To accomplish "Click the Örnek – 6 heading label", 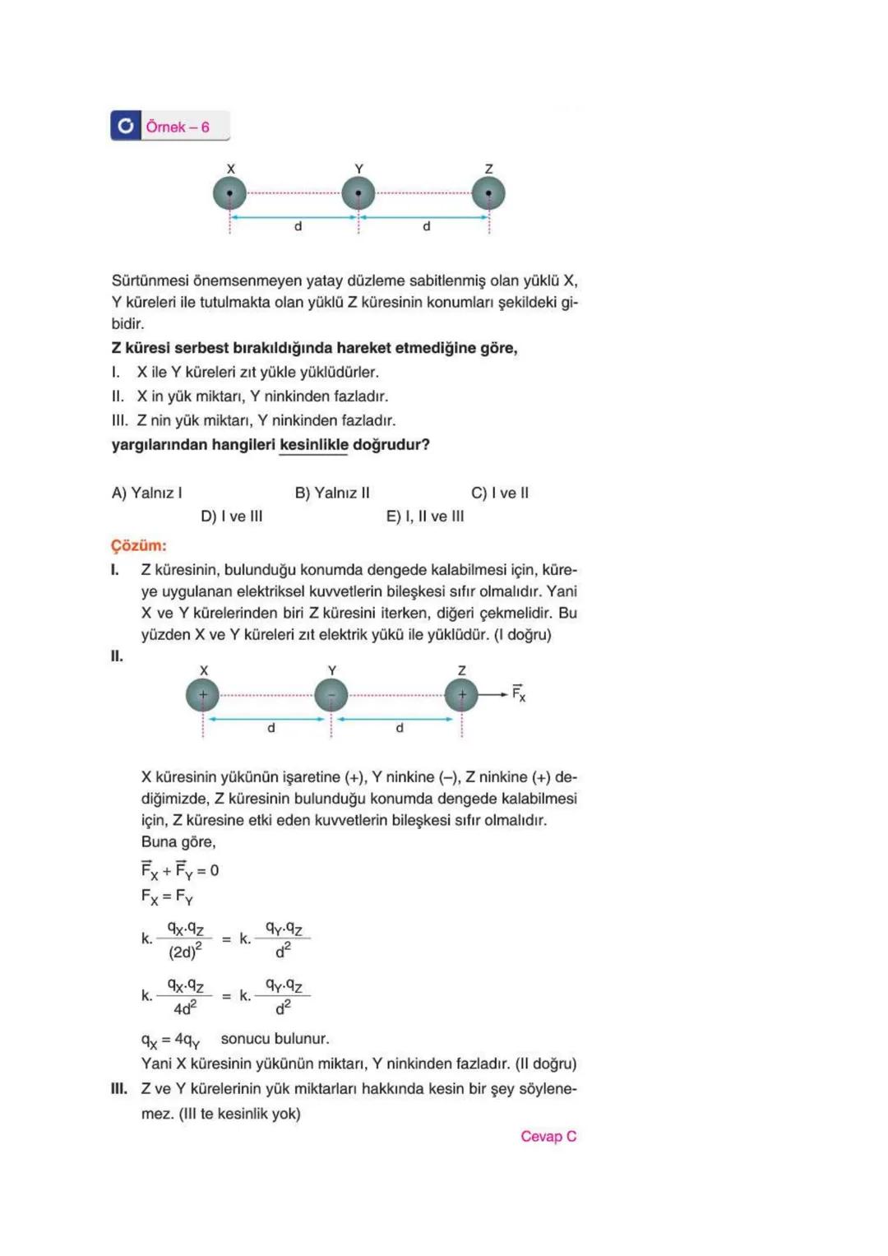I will (x=178, y=127).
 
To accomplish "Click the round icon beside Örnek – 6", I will (x=126, y=126).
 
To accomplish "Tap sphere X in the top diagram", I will (x=229, y=194).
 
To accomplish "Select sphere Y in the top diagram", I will (x=358, y=194).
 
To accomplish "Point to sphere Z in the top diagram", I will (x=488, y=194).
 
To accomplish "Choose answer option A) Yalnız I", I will (x=147, y=493).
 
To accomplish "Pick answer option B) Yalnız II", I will (x=332, y=493).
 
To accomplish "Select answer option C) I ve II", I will (x=500, y=493).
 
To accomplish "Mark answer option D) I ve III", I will (x=232, y=517).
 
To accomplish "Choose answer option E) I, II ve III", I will (x=425, y=517).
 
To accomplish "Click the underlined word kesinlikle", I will (x=313, y=445).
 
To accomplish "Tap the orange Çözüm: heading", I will (x=139, y=545).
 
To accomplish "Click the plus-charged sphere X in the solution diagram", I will (x=202, y=695).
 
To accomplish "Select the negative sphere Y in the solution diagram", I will (x=331, y=695).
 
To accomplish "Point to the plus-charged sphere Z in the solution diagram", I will (x=461, y=695).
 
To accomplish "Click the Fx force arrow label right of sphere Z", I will (x=518, y=693).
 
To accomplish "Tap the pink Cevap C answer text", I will (x=548, y=1136).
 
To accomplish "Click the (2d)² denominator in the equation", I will (x=185, y=952).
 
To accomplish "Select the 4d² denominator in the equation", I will (x=185, y=1008).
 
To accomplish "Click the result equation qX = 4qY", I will (x=170, y=1040).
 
